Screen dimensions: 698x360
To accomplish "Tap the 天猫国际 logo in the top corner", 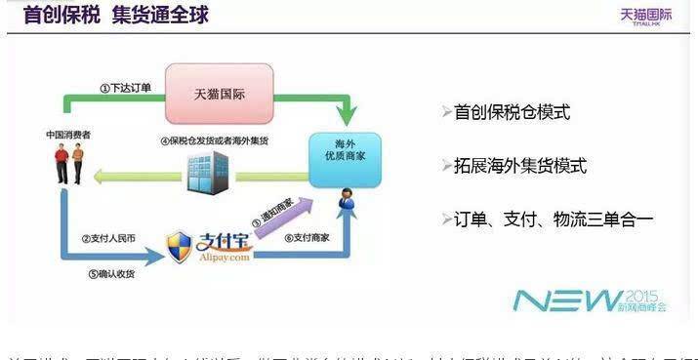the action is pyautogui.click(x=645, y=16).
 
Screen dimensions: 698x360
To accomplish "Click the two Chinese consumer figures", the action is pyautogui.click(x=68, y=164).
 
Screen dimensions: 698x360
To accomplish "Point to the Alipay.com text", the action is pyautogui.click(x=225, y=258).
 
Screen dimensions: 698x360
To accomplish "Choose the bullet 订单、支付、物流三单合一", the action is pyautogui.click(x=552, y=219).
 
